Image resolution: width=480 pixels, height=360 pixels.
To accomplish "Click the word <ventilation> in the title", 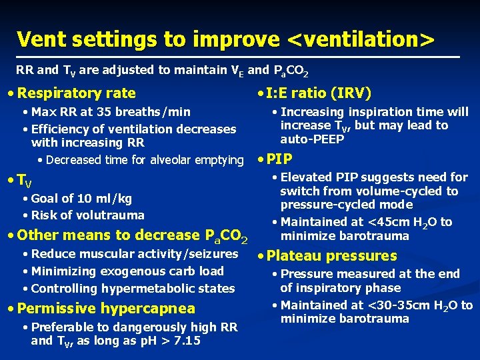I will click(x=361, y=39).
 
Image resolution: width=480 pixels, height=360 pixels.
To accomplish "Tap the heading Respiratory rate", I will click(x=77, y=93).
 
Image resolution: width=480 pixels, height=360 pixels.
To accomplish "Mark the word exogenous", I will click(x=124, y=271).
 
